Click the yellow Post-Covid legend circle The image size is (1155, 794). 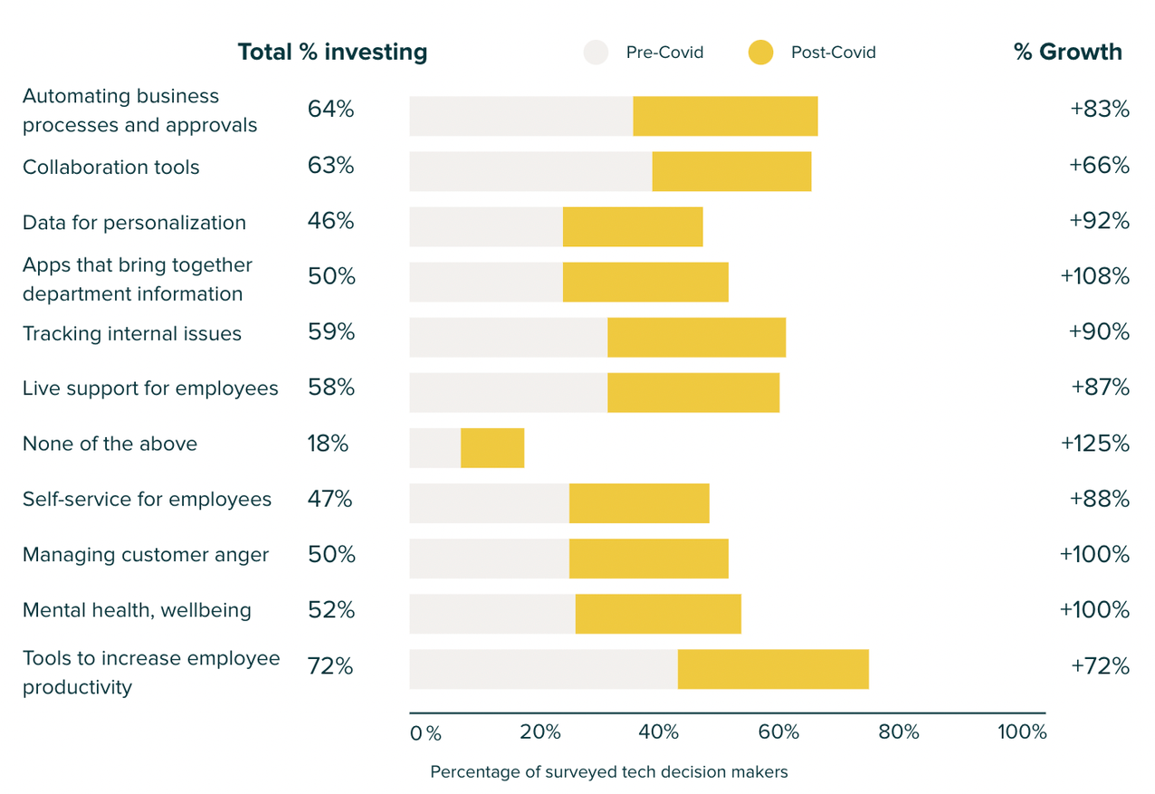(760, 53)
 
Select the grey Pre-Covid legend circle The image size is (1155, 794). (596, 53)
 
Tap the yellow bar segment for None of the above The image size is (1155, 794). (492, 448)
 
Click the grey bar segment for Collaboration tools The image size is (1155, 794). (530, 172)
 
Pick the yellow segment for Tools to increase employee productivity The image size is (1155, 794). (773, 669)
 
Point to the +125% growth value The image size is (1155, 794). (1094, 444)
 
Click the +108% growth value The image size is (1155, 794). (1094, 276)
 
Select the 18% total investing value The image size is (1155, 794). (328, 444)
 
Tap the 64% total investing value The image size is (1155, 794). (330, 110)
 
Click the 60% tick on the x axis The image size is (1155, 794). (778, 732)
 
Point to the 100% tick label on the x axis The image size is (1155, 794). (1022, 732)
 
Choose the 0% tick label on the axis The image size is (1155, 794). (425, 732)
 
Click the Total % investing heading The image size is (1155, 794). (332, 53)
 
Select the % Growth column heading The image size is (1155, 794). (1067, 53)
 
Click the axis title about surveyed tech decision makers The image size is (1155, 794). (608, 772)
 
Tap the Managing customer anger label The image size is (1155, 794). (146, 555)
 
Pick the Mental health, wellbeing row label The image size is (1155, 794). (137, 610)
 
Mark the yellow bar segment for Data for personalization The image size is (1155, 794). (633, 227)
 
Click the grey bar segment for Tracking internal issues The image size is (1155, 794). (508, 338)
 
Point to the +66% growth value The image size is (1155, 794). (1099, 166)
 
